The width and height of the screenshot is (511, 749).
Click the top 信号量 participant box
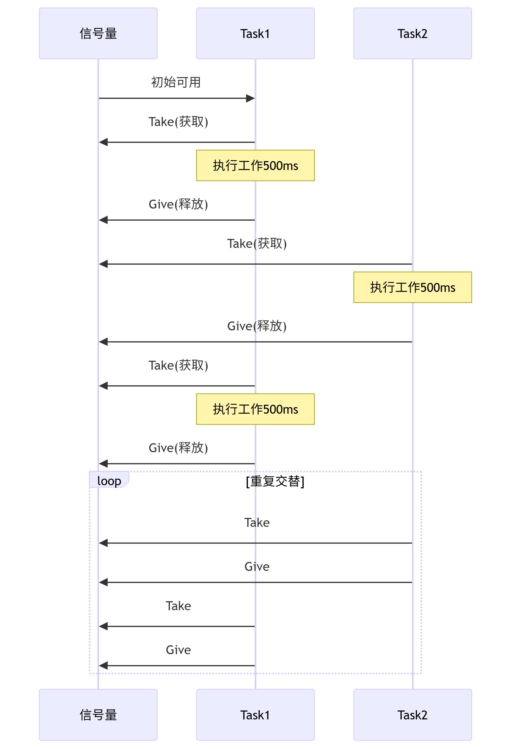pos(98,34)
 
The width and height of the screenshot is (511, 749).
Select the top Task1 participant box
pos(255,34)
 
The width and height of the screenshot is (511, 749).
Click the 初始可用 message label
pos(176,82)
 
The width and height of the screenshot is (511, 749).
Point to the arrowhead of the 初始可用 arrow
pos(251,98)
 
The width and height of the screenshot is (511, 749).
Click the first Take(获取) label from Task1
pos(178,122)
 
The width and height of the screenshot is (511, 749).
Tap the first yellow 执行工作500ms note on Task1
pos(255,165)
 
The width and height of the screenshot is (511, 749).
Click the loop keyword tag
pos(109,480)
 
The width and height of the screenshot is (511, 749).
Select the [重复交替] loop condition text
pos(275,481)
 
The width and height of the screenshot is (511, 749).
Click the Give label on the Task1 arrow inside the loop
pos(178,650)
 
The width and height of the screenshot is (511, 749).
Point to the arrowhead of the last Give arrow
pos(103,665)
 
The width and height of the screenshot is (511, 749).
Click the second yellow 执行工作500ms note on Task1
pos(255,409)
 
